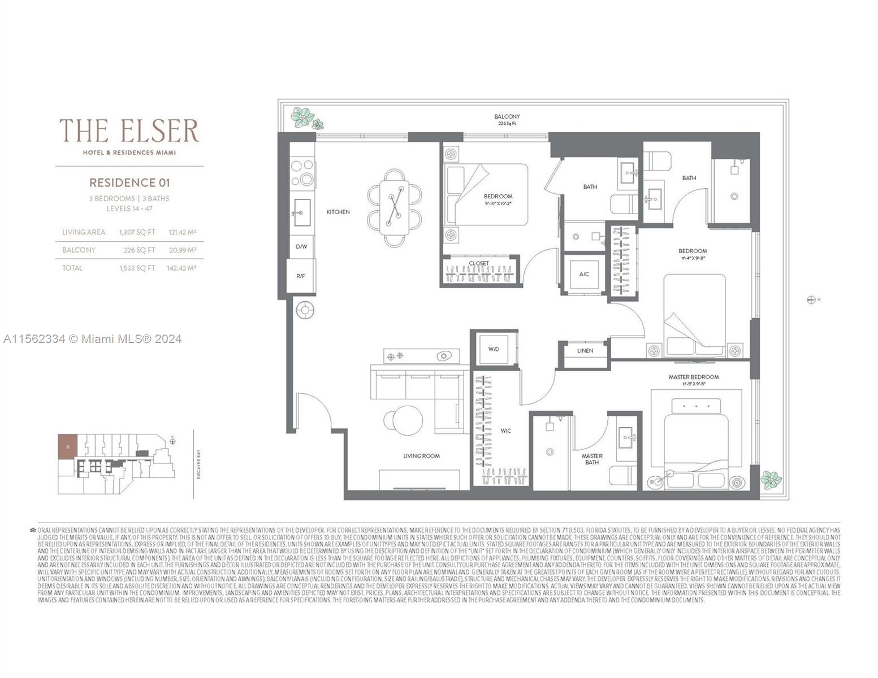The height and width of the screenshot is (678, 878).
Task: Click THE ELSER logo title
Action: point(129,131)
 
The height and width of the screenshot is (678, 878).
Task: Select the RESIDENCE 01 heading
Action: point(129,182)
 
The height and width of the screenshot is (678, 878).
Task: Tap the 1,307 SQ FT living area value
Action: point(137,232)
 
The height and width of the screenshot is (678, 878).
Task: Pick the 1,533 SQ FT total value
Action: point(137,268)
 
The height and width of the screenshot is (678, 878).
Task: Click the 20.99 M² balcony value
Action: point(182,250)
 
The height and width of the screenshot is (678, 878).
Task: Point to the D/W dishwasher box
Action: point(301,247)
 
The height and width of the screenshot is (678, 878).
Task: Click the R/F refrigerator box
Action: point(301,276)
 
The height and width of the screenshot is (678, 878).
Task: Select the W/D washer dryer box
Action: point(494,349)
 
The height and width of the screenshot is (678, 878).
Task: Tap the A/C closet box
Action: point(584,274)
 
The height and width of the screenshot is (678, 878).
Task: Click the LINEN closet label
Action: point(585,351)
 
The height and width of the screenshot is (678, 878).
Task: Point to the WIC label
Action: point(505,431)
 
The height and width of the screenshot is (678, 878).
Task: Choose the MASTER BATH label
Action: point(592,459)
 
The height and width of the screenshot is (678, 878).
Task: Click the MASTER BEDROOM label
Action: point(694,377)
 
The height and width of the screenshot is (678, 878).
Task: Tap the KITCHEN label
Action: point(338,212)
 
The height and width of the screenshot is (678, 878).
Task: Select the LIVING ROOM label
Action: point(421,456)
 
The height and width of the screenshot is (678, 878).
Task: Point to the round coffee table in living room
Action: point(403,420)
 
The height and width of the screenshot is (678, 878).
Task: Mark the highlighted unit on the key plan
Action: point(67,447)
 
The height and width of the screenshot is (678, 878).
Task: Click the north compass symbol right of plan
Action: point(811,300)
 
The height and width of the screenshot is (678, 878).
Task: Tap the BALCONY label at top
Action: point(507,117)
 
